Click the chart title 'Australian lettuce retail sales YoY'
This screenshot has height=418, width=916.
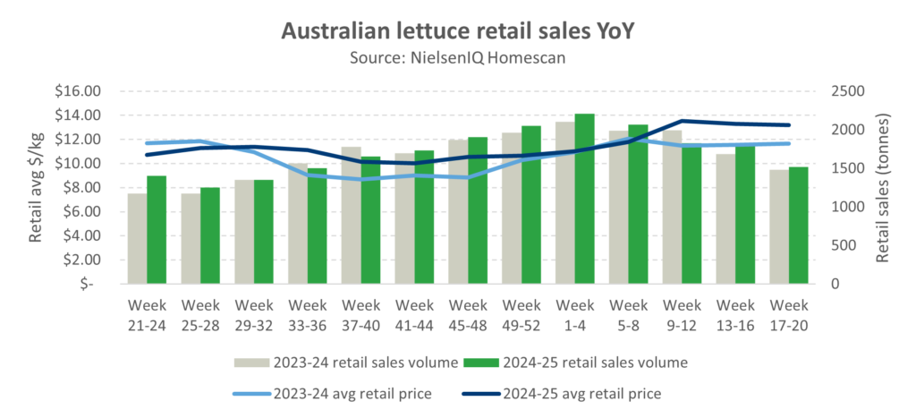(457, 31)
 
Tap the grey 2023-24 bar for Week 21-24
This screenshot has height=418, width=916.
(137, 238)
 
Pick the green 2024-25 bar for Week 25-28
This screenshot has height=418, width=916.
(209, 235)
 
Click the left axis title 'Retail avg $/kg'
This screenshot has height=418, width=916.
(36, 187)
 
